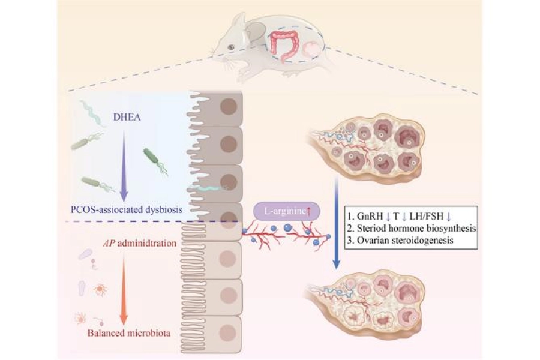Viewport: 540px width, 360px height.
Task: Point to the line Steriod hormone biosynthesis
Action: tap(415, 227)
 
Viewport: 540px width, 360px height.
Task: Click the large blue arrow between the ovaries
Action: tap(340, 228)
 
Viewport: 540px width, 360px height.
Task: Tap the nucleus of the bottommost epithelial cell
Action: tap(227, 331)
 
